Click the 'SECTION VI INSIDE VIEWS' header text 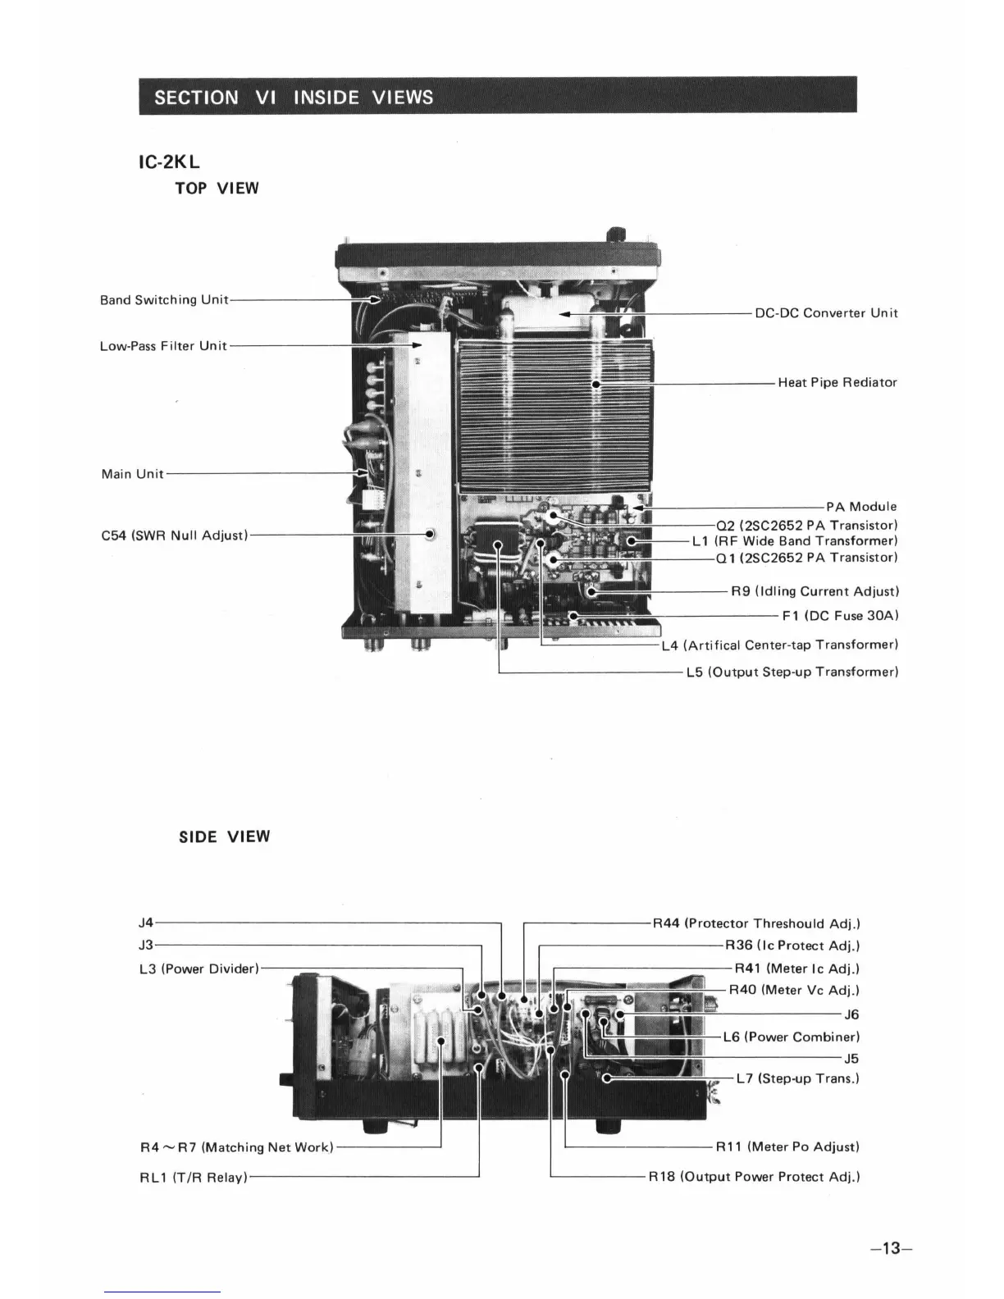pyautogui.click(x=293, y=98)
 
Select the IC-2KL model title pyautogui.click(x=169, y=162)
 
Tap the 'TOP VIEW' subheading pyautogui.click(x=217, y=189)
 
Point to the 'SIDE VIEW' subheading pyautogui.click(x=224, y=836)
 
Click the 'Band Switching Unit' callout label pyautogui.click(x=164, y=300)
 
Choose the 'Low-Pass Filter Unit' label pyautogui.click(x=163, y=346)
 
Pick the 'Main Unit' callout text pyautogui.click(x=132, y=474)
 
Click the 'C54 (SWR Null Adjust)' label pyautogui.click(x=174, y=536)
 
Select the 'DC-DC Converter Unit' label pyautogui.click(x=826, y=313)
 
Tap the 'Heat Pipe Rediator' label pyautogui.click(x=837, y=382)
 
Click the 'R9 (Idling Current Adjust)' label pyautogui.click(x=815, y=591)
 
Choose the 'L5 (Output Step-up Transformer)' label pyautogui.click(x=792, y=672)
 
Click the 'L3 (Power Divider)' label pyautogui.click(x=199, y=969)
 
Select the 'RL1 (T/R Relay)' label pyautogui.click(x=194, y=1178)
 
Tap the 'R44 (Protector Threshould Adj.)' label pyautogui.click(x=756, y=924)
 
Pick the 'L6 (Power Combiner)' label pyautogui.click(x=791, y=1037)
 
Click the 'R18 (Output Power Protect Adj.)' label pyautogui.click(x=754, y=1177)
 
